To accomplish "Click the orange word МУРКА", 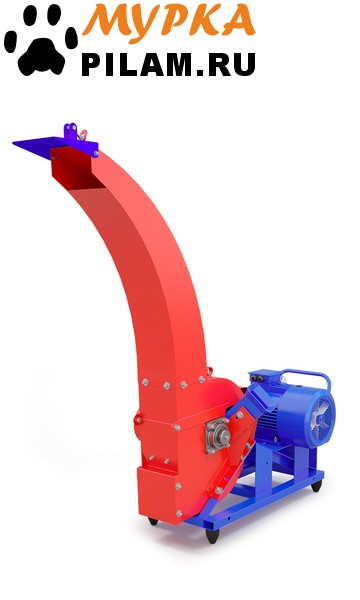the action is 169,20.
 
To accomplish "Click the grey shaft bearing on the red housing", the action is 218,436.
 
